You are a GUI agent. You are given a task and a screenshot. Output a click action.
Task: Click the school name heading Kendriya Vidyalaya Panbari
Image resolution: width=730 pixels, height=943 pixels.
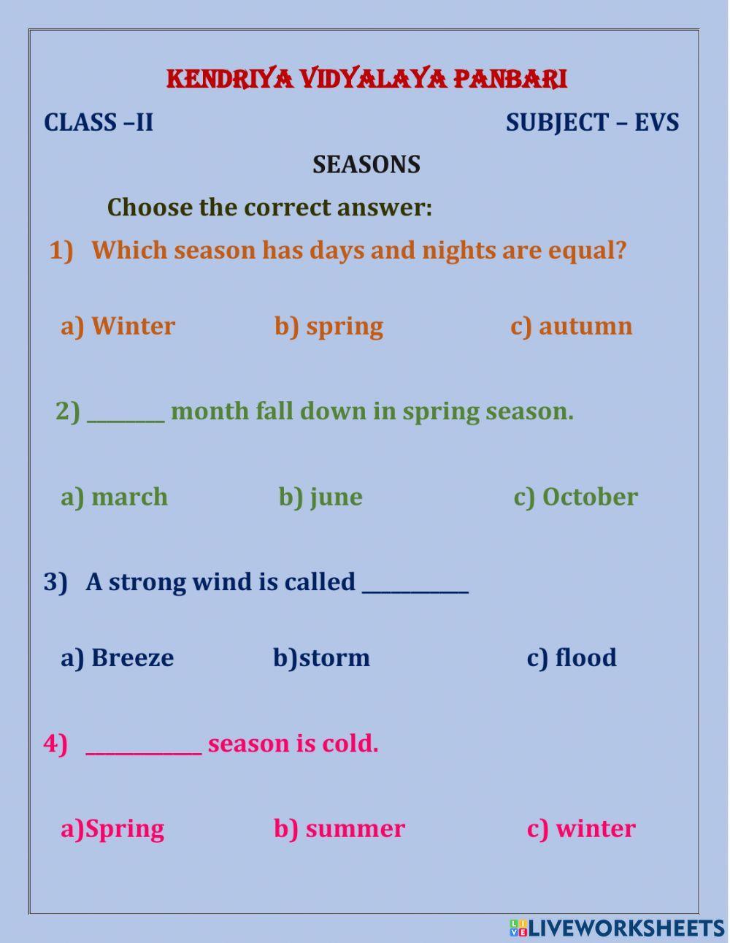pyautogui.click(x=366, y=79)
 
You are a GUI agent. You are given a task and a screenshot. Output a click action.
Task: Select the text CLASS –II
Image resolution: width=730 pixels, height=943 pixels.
pyautogui.click(x=99, y=122)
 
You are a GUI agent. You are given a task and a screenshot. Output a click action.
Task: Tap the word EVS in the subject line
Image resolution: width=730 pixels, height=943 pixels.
pyautogui.click(x=656, y=122)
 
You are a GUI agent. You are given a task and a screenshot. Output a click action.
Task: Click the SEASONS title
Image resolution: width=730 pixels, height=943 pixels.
pyautogui.click(x=366, y=164)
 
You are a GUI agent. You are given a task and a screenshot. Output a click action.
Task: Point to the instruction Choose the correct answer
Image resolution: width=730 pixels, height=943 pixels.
pyautogui.click(x=269, y=207)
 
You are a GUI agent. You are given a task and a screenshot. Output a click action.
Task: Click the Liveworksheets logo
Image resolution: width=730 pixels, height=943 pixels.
pyautogui.click(x=618, y=928)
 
